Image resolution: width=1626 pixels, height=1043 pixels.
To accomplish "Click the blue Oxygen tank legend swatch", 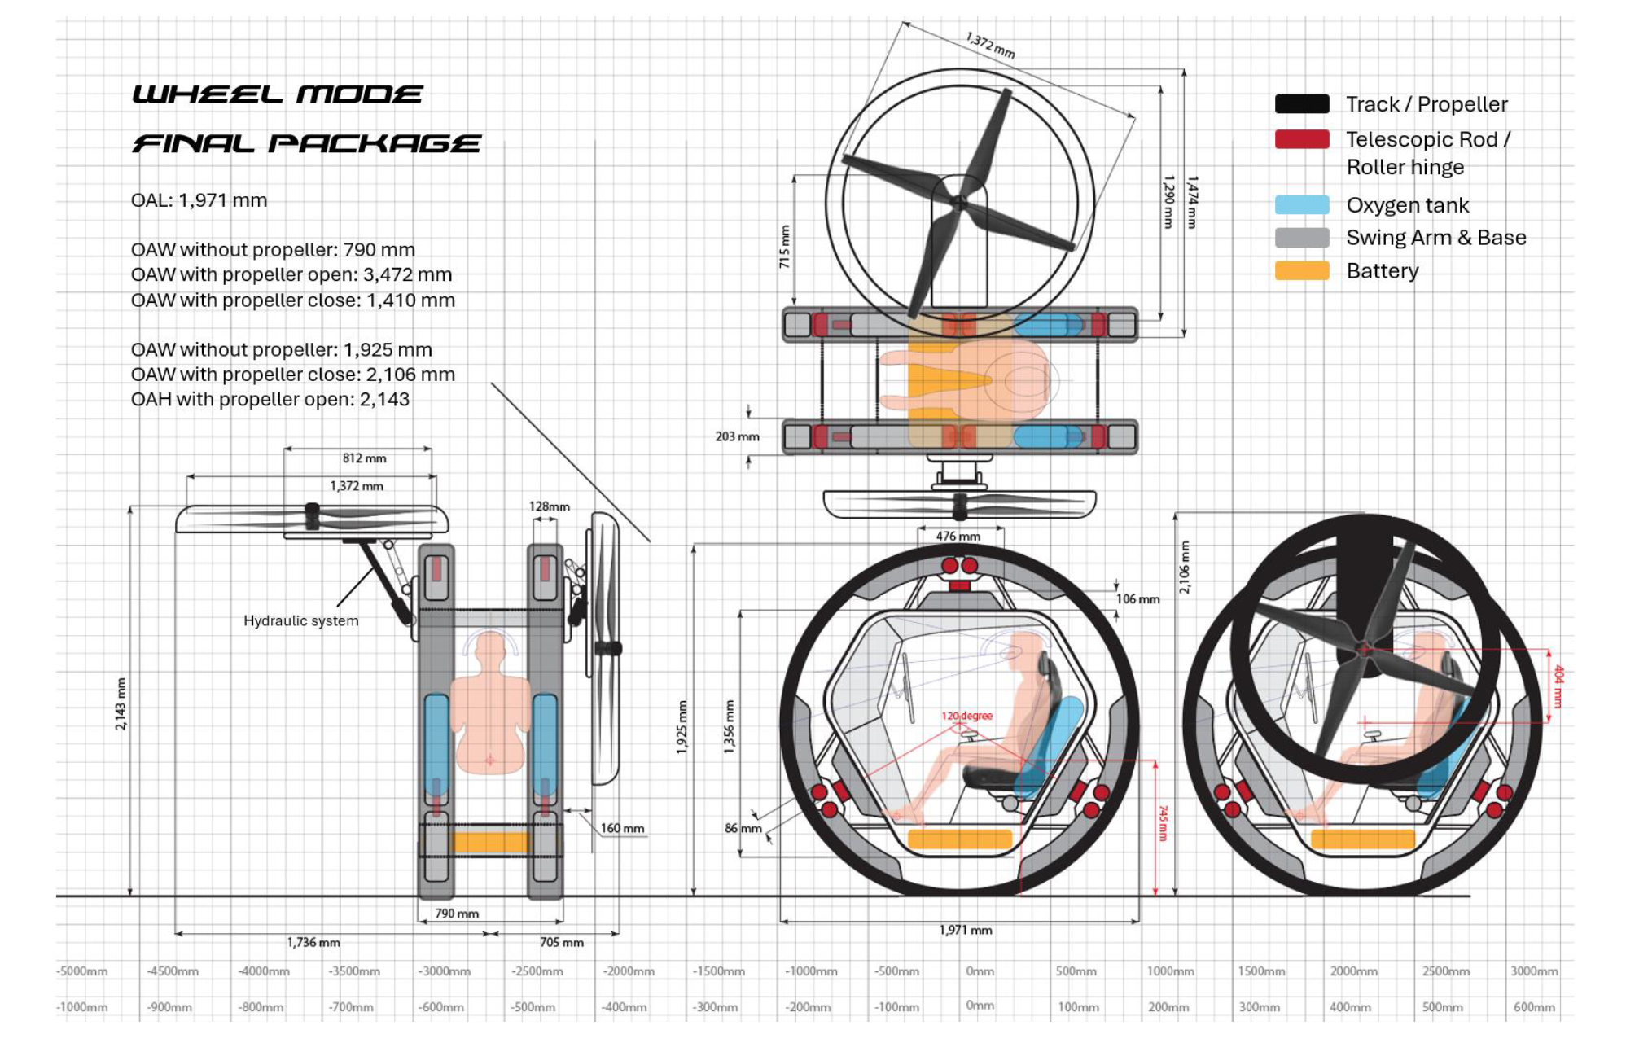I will [x=1301, y=205].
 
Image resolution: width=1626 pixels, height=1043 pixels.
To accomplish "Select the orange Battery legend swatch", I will [x=1301, y=271].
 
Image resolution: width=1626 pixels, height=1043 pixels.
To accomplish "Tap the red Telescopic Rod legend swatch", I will [x=1301, y=139].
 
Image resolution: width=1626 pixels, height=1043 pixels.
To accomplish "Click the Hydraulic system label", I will [x=300, y=620].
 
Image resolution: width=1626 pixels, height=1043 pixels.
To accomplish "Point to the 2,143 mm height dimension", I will [x=121, y=703].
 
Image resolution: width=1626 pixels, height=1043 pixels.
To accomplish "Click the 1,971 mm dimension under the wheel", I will [x=965, y=930].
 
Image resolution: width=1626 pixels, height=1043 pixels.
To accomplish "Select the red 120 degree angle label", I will [x=966, y=716].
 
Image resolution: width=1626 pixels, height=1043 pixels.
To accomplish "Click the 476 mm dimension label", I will [x=958, y=537].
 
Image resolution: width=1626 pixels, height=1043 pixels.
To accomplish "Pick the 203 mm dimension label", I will [x=737, y=436].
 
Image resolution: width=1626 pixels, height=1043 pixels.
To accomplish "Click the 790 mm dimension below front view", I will [x=456, y=914].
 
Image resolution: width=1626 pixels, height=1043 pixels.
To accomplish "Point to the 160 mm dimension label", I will [x=622, y=828].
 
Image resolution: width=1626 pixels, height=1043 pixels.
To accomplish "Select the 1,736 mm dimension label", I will [x=313, y=942].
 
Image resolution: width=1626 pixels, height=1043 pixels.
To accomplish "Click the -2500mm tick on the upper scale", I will [x=537, y=971].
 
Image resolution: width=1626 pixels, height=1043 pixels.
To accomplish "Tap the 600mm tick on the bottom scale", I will [x=1533, y=1007].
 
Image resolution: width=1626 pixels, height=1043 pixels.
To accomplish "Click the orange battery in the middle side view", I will [x=959, y=839].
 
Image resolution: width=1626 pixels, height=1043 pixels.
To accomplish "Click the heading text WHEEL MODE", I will [x=277, y=94].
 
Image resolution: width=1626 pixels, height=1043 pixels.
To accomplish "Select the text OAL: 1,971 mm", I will [x=199, y=200].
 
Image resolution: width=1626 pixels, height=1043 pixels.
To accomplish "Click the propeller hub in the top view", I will [x=959, y=202].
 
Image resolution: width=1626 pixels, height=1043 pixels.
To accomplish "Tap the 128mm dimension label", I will [x=549, y=506].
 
